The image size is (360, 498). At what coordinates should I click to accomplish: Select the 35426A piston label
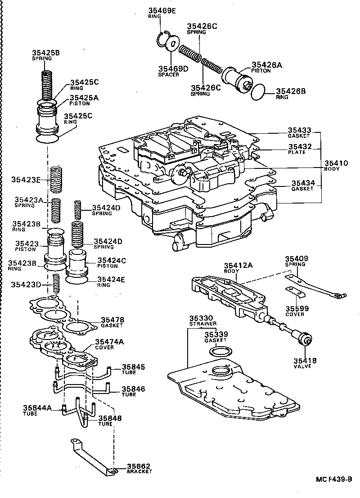pyautogui.click(x=266, y=65)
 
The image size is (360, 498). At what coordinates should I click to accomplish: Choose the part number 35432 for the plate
pyautogui.click(x=299, y=146)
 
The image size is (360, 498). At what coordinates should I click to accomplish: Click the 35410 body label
pyautogui.click(x=333, y=163)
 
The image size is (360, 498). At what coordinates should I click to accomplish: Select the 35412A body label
pyautogui.click(x=238, y=265)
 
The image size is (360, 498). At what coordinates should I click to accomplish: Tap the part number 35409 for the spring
pyautogui.click(x=296, y=259)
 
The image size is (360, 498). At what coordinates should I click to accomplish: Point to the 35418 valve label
pyautogui.click(x=306, y=360)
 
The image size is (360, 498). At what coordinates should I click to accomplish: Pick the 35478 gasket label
pyautogui.click(x=112, y=319)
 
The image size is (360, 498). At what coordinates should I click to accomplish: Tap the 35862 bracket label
pyautogui.click(x=139, y=466)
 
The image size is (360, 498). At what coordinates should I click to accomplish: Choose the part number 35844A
pyautogui.click(x=38, y=408)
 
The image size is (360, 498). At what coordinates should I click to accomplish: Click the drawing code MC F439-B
pyautogui.click(x=333, y=480)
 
